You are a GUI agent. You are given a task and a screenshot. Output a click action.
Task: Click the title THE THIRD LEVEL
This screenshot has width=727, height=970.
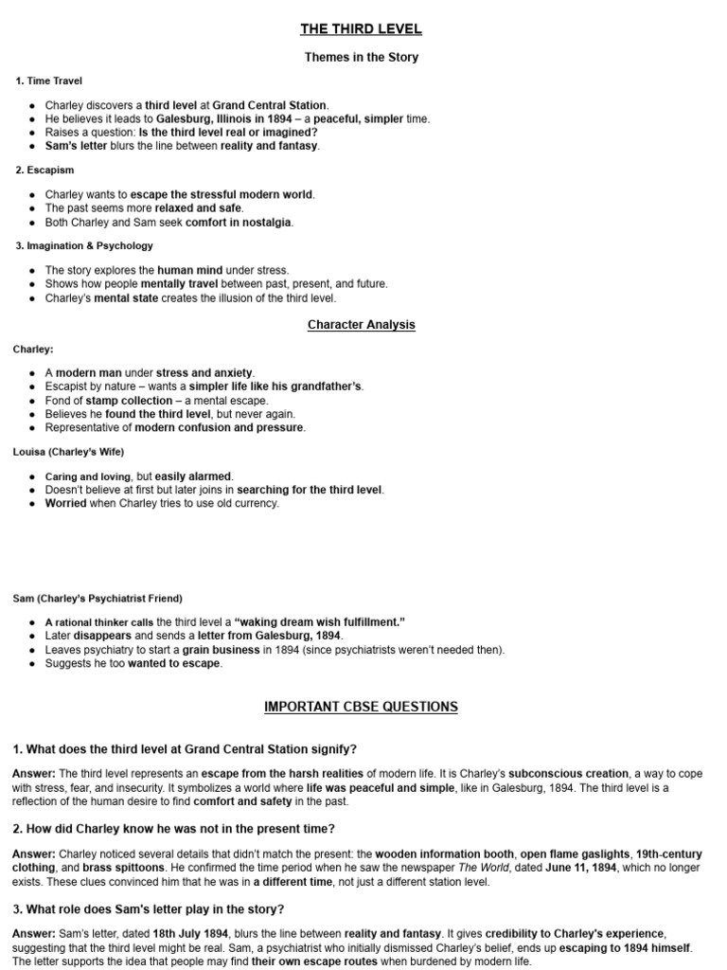point(362,29)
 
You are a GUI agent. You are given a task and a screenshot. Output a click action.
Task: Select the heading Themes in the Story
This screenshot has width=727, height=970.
point(362,57)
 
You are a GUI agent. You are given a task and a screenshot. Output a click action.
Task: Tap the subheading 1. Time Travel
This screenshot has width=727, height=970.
point(49,81)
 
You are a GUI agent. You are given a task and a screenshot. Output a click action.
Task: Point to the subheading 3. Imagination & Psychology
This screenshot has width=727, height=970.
point(84,245)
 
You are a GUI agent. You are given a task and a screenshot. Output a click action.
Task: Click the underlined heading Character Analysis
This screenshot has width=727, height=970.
point(362,325)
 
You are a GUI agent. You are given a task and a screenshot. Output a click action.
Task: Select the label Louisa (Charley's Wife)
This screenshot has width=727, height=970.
point(68,451)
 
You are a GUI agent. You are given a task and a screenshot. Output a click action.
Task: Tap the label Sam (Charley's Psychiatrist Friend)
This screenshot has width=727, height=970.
point(98,599)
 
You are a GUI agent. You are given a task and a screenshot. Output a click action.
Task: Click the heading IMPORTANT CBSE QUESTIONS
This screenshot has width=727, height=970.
point(362,707)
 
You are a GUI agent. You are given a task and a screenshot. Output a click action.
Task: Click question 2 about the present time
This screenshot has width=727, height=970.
point(173,828)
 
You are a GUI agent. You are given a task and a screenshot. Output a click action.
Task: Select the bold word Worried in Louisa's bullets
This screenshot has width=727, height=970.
point(65,503)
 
